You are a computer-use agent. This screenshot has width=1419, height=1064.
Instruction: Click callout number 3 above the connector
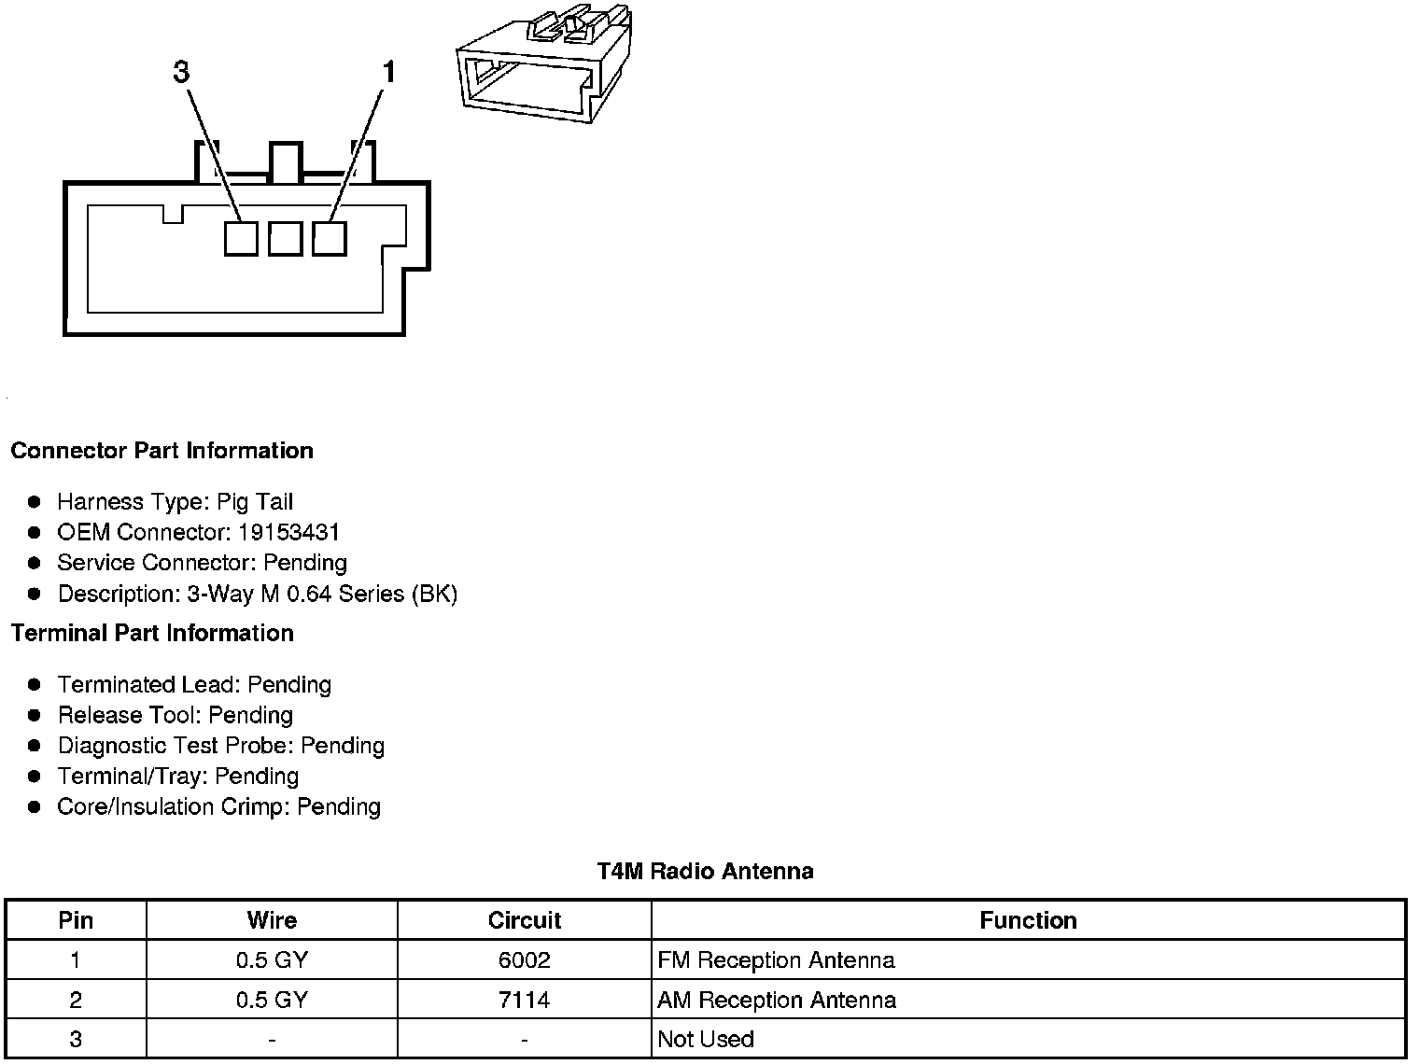tap(181, 72)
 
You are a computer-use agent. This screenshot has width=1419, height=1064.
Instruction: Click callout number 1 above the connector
tap(388, 72)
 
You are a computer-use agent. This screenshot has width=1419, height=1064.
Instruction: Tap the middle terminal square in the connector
tap(285, 239)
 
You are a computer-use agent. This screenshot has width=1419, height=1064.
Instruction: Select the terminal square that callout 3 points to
tap(241, 239)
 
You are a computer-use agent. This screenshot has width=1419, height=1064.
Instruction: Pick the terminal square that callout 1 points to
tap(329, 238)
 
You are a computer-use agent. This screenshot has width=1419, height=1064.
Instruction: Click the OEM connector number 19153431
tap(288, 533)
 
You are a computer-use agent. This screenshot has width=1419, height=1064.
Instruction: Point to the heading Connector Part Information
tap(162, 451)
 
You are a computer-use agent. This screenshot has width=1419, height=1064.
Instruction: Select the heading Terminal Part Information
tap(152, 634)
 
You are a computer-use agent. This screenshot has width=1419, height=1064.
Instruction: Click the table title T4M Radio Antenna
tap(705, 872)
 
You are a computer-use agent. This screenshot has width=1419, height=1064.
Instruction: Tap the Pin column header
tap(76, 920)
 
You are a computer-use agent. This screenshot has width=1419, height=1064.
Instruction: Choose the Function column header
tap(1028, 920)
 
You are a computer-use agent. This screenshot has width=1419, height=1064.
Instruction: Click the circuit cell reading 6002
tap(525, 960)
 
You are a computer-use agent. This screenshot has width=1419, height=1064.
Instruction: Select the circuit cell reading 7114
tap(525, 1001)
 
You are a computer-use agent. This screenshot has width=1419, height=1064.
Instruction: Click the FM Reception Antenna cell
tap(776, 960)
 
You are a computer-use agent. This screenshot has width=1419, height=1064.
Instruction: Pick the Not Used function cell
tap(706, 1040)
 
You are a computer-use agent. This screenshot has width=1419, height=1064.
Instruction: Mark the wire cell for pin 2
tap(272, 1001)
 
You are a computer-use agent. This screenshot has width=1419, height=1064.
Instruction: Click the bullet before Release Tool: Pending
tap(35, 716)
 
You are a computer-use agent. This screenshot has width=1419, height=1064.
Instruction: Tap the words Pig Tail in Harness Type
tap(255, 502)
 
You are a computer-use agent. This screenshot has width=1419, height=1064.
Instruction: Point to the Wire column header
tap(272, 920)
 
